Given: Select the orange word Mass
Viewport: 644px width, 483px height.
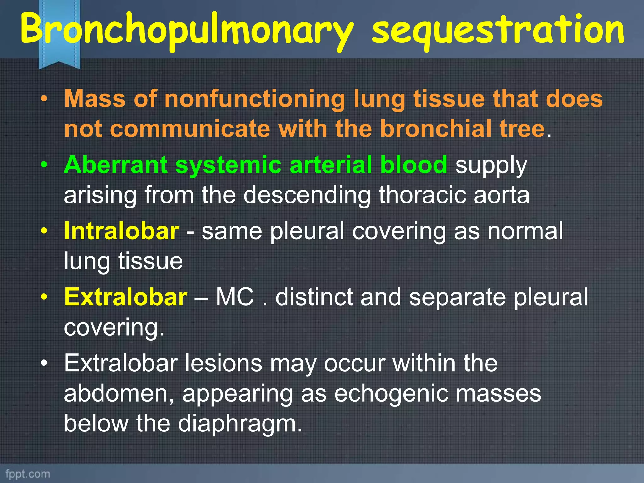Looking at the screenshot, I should [95, 99].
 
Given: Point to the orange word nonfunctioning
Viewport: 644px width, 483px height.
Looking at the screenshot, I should [255, 99].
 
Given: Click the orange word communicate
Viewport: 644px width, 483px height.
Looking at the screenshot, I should [190, 129].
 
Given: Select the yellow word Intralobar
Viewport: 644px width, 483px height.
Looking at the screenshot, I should [121, 231].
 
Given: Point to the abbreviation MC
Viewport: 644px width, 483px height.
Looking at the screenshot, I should [235, 297].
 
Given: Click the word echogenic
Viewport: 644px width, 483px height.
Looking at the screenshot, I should [390, 394].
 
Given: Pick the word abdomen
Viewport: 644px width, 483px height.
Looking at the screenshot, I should [119, 393].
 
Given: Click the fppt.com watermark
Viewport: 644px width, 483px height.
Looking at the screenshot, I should [28, 474].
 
